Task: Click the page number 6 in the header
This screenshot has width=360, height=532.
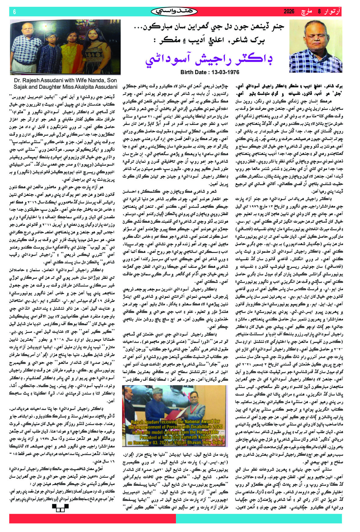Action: [x=14, y=12]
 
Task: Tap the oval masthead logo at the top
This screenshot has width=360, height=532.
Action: [x=174, y=12]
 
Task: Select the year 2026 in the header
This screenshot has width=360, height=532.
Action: [x=289, y=12]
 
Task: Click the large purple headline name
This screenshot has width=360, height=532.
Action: [x=209, y=59]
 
